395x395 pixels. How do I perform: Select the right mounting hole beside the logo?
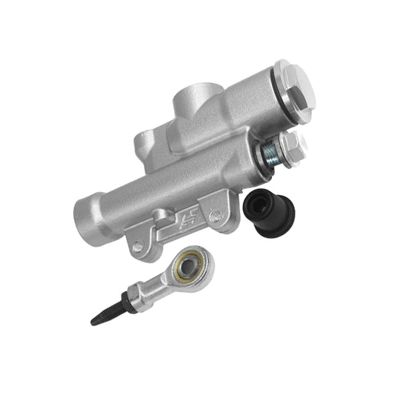point(216,216)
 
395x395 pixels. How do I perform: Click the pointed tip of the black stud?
point(93,322)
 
